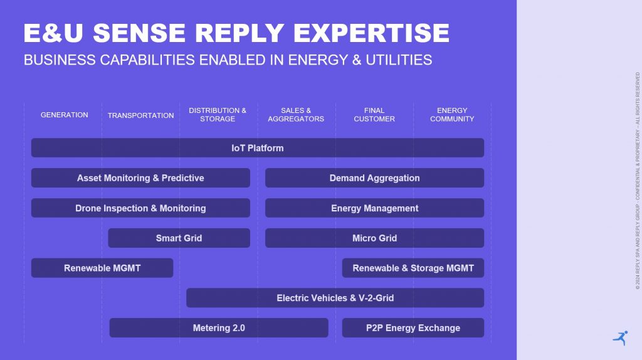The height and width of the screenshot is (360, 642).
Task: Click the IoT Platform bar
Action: pyautogui.click(x=258, y=148)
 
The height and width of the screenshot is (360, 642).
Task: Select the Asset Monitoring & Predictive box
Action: pyautogui.click(x=140, y=177)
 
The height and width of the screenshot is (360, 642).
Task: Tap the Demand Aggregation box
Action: pyautogui.click(x=375, y=177)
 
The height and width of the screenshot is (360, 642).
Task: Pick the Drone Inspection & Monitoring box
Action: pyautogui.click(x=140, y=208)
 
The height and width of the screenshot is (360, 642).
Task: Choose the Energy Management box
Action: pyautogui.click(x=375, y=208)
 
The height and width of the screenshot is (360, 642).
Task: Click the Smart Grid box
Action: pyautogui.click(x=179, y=238)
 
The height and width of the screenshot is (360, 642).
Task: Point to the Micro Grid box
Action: pyautogui.click(x=375, y=238)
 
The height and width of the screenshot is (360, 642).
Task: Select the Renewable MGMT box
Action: pyautogui.click(x=102, y=268)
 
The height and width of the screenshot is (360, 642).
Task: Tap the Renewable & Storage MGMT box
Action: pyautogui.click(x=413, y=268)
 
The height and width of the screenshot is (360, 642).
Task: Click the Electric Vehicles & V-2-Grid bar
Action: pyautogui.click(x=335, y=298)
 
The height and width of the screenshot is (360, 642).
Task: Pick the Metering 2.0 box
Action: pyautogui.click(x=219, y=327)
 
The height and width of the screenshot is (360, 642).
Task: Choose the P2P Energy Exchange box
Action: pyautogui.click(x=413, y=327)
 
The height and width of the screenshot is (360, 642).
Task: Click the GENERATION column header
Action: pyautogui.click(x=65, y=115)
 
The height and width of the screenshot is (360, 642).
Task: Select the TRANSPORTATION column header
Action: pyautogui.click(x=141, y=115)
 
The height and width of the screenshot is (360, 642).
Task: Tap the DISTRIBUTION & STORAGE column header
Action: pyautogui.click(x=218, y=115)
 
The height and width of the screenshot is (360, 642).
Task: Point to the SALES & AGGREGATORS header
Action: pyautogui.click(x=296, y=115)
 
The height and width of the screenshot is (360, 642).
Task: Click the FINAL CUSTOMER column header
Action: pyautogui.click(x=374, y=115)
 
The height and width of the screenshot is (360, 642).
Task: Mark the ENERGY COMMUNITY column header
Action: pyautogui.click(x=452, y=115)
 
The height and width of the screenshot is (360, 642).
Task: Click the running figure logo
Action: pyautogui.click(x=621, y=338)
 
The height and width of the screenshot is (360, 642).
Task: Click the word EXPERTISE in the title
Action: pyautogui.click(x=371, y=33)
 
